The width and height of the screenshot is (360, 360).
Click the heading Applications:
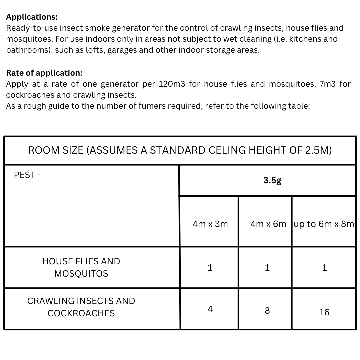tap(32, 17)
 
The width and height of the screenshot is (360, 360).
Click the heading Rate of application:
tap(44, 73)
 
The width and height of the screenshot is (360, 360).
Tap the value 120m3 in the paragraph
tap(172, 84)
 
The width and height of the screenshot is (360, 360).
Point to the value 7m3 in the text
tap(327, 84)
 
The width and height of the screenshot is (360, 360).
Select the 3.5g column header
tap(272, 180)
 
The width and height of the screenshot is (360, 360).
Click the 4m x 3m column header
tap(210, 224)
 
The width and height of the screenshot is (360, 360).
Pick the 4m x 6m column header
tap(268, 224)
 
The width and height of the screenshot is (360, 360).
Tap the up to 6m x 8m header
tap(324, 224)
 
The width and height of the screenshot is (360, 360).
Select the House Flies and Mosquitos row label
tap(81, 267)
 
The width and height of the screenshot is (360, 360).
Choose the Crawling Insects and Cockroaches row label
tap(81, 307)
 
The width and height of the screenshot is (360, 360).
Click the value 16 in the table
tap(324, 312)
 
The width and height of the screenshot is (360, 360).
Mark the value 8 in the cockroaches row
tap(267, 311)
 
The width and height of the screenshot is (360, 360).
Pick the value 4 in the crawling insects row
tap(210, 309)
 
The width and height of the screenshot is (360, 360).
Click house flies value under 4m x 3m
tap(210, 268)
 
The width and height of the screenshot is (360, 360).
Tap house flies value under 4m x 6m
tap(267, 268)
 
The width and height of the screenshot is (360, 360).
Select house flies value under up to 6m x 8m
tap(324, 268)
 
